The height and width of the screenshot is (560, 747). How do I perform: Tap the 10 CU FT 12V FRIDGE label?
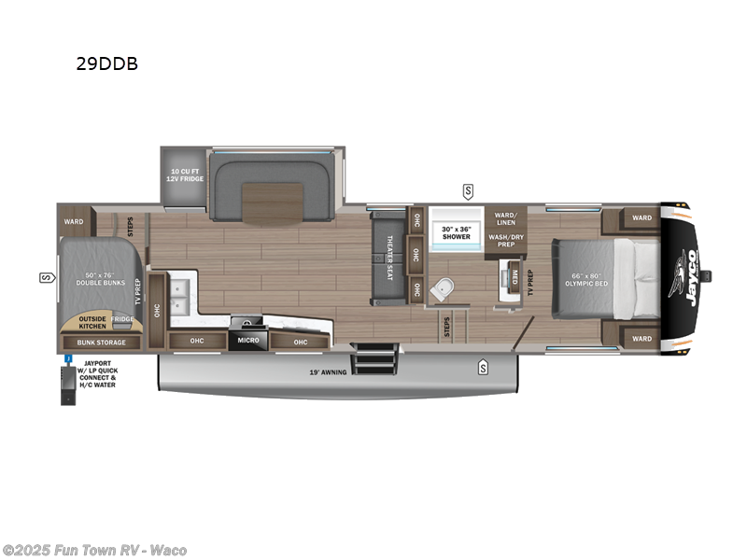[x=184, y=175]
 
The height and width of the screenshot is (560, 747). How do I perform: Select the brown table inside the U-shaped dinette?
[x=273, y=204]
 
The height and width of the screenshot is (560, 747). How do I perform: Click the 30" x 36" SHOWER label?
[x=456, y=232]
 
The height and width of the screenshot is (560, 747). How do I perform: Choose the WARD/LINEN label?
[x=506, y=218]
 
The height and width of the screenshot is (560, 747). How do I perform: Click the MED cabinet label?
[x=514, y=274]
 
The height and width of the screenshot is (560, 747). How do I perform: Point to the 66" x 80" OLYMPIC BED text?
[x=587, y=279]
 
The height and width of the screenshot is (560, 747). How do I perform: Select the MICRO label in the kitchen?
[x=247, y=341]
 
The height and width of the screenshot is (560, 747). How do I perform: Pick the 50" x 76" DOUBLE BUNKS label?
[x=97, y=279]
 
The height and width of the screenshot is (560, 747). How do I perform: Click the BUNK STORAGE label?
[x=97, y=343]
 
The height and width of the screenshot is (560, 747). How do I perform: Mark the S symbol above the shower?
[x=467, y=191]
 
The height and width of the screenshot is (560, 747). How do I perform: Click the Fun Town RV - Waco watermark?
[x=94, y=550]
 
